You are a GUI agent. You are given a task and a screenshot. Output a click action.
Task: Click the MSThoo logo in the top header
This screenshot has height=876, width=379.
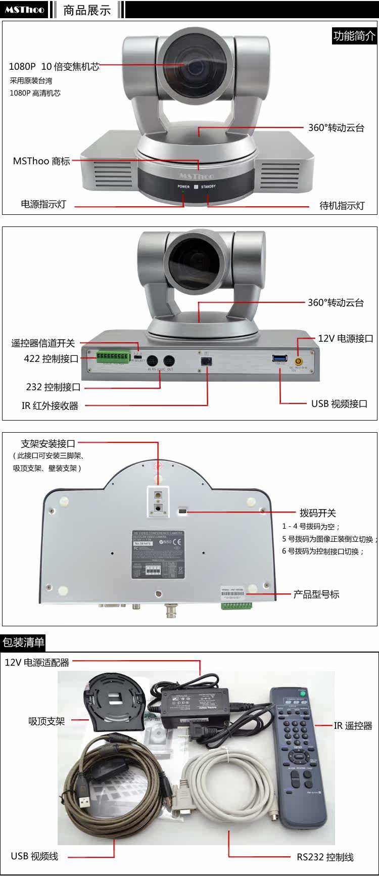click(24, 10)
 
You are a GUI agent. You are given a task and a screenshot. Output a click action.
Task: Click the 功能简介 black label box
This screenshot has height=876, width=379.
click(354, 36)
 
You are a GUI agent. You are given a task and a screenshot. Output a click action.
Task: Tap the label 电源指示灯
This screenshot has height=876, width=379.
click(43, 204)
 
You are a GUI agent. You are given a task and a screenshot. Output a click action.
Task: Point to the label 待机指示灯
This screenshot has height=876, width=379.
click(342, 206)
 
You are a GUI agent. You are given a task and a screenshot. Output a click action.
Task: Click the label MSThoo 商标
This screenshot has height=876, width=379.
click(41, 161)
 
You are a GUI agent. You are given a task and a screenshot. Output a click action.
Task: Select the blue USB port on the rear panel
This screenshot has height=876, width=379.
click(279, 358)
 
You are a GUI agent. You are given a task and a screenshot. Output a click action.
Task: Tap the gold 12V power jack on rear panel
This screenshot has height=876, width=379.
click(299, 361)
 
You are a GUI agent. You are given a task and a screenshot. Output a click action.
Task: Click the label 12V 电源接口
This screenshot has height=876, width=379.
click(346, 339)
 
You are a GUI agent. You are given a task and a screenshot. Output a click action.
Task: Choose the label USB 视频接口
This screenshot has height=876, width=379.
click(339, 404)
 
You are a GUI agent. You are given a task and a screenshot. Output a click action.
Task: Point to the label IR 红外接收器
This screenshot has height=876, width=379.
click(50, 405)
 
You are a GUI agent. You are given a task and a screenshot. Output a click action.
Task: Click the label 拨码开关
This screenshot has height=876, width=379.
click(317, 513)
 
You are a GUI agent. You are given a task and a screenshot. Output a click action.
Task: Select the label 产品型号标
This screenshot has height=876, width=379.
click(316, 594)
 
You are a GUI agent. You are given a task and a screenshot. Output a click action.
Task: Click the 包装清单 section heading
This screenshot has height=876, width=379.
click(23, 642)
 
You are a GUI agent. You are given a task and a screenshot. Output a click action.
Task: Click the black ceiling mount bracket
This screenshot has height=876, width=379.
click(115, 702)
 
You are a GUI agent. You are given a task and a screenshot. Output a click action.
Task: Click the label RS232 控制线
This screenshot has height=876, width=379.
click(325, 857)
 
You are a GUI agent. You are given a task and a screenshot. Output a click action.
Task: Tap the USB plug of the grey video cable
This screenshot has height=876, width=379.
click(84, 801)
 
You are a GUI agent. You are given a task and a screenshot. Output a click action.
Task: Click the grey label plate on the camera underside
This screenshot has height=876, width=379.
click(157, 555)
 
